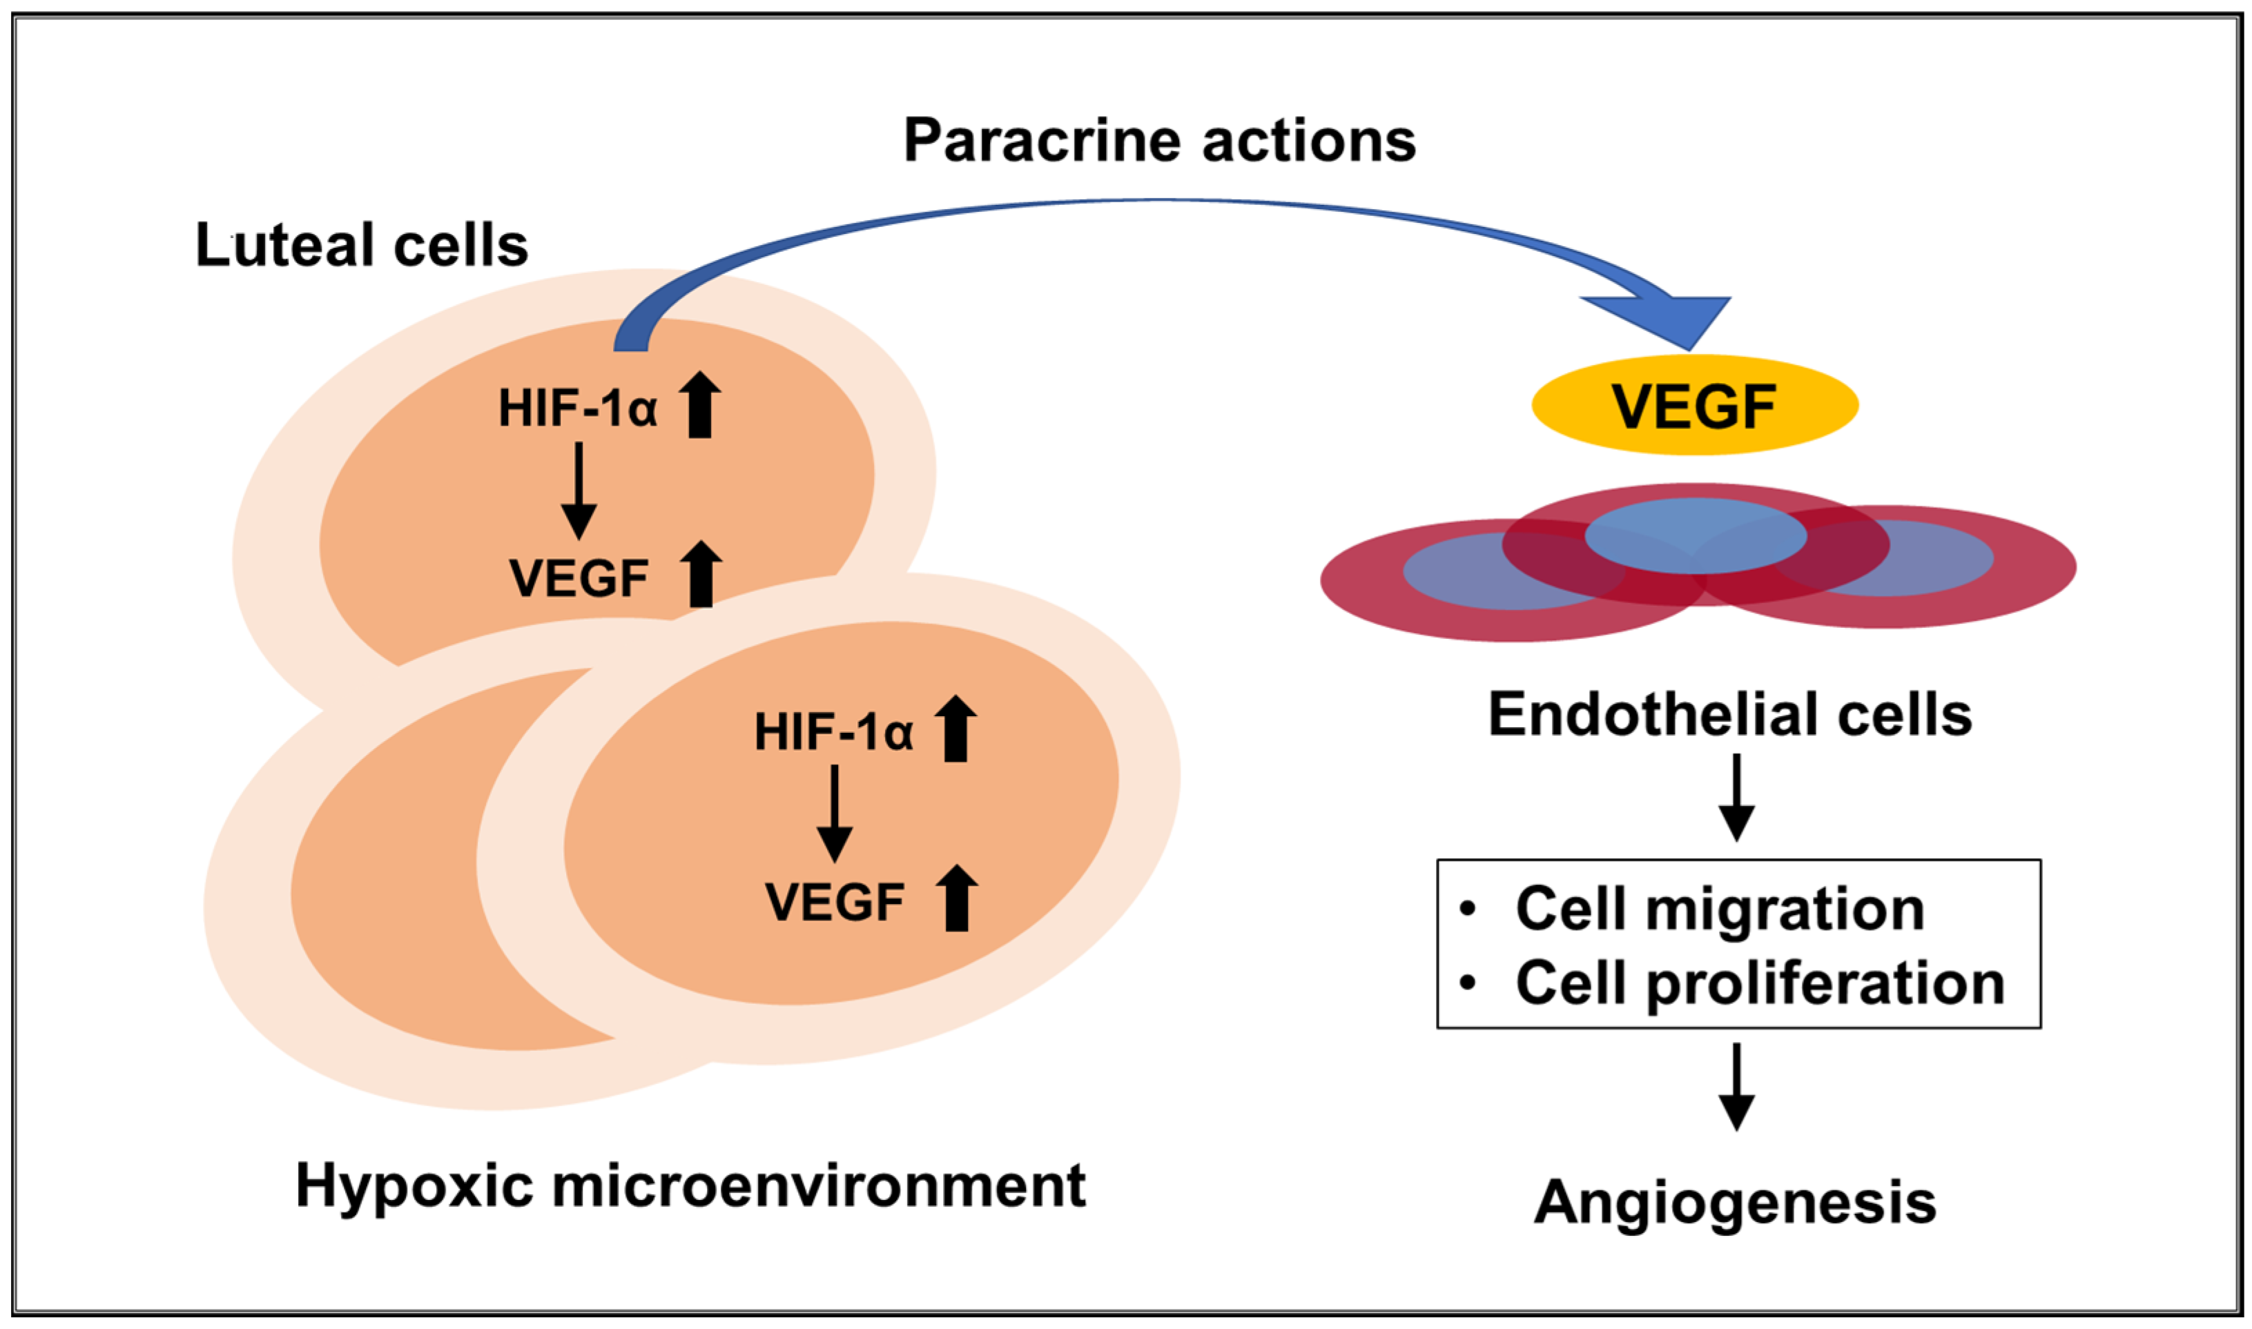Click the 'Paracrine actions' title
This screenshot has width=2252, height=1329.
1159,141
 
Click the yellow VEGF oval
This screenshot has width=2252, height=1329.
1694,406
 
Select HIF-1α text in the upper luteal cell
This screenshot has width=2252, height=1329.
578,408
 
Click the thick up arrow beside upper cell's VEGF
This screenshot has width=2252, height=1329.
701,575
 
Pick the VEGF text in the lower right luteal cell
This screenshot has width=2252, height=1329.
834,902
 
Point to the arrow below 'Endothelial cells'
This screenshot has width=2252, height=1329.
1736,797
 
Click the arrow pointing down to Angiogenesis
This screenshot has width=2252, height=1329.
1736,1086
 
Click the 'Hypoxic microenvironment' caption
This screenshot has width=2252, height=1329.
690,1185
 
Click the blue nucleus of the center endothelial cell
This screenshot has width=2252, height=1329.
1695,535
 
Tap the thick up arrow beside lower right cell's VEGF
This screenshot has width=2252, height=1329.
957,898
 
